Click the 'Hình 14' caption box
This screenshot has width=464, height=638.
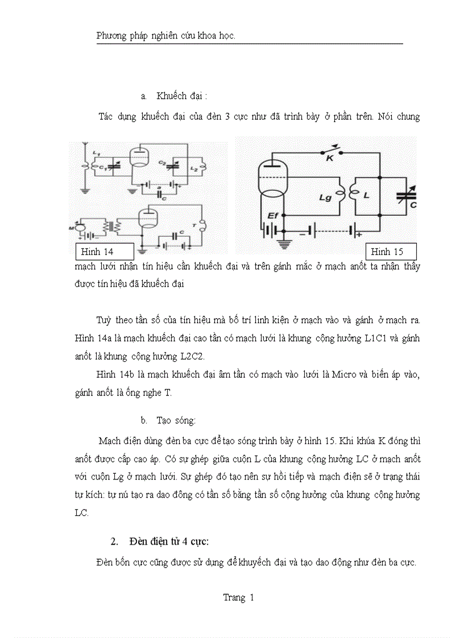pyautogui.click(x=105, y=252)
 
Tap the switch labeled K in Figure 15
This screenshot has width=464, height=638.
pyautogui.click(x=329, y=154)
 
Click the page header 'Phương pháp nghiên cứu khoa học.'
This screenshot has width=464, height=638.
pyautogui.click(x=166, y=36)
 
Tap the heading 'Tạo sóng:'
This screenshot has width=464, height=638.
pyautogui.click(x=176, y=420)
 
